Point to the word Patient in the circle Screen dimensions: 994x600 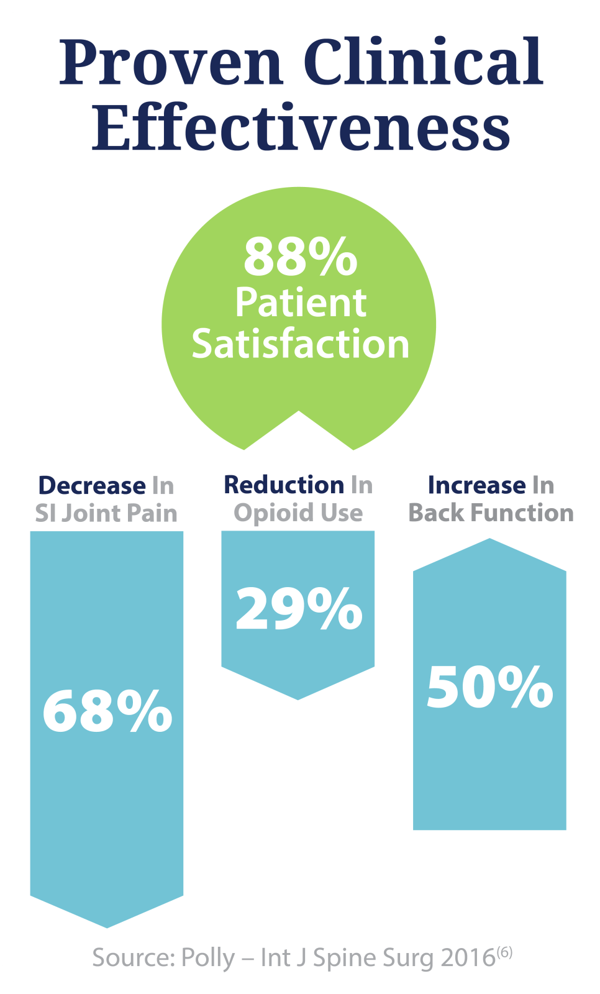coord(301,303)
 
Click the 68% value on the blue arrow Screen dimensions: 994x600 coord(107,711)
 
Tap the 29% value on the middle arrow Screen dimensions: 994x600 coord(299,609)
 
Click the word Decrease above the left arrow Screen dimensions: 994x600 coord(92,485)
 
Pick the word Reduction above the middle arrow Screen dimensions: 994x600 coord(284,485)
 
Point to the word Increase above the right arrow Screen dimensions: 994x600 coord(476,485)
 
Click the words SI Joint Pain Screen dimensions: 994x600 coord(106,514)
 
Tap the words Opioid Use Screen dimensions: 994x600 coord(298,513)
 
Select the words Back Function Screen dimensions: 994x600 coord(491,513)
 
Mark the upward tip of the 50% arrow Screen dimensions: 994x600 coord(490,542)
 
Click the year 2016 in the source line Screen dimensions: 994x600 coord(468,958)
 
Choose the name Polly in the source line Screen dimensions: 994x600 coord(207,959)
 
